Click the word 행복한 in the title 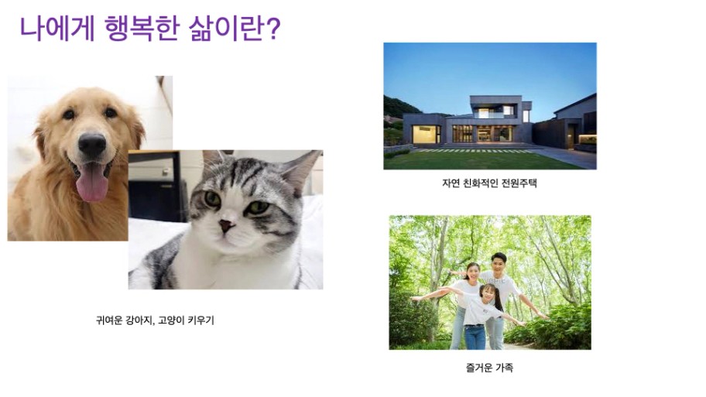point(142,29)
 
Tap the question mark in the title point(272,29)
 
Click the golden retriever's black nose point(92,145)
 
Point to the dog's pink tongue point(92,182)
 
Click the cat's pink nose point(227,225)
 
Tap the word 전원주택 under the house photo point(519,183)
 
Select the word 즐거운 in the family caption point(479,368)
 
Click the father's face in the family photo point(499,263)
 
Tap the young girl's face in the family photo point(487,294)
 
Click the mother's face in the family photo point(473,272)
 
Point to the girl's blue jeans point(475,337)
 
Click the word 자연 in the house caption point(451,183)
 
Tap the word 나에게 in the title point(57,29)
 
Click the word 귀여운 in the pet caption point(109,320)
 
